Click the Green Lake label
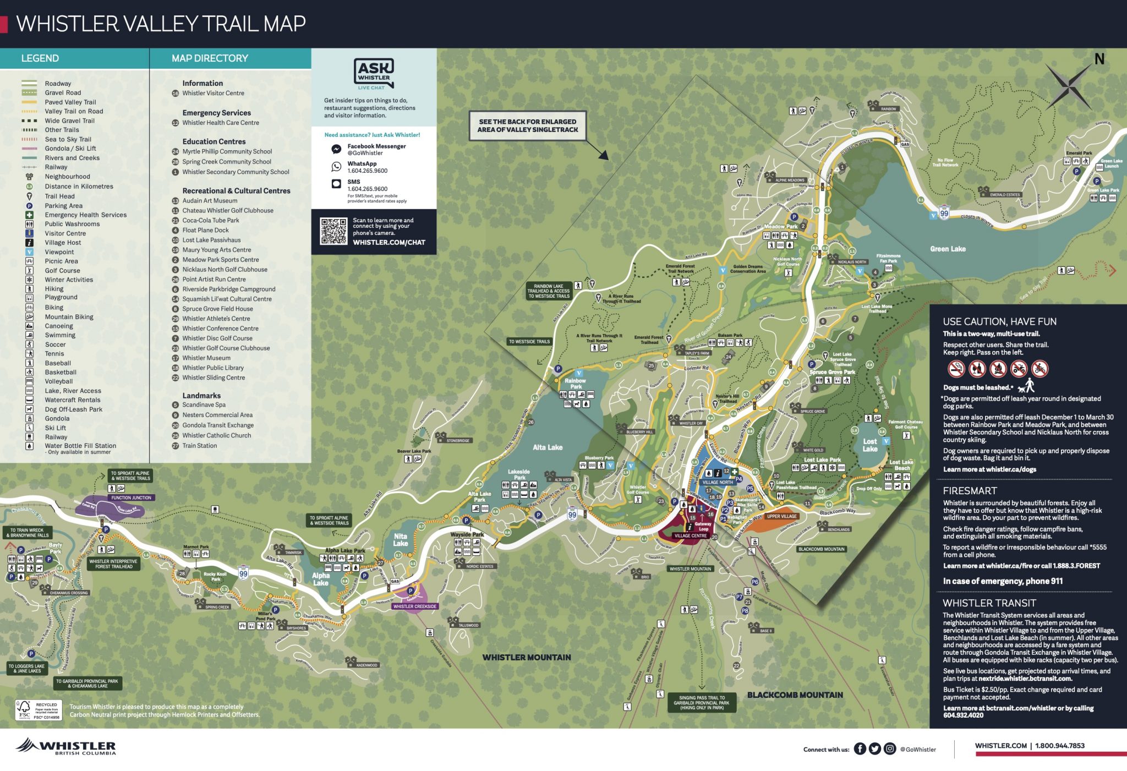pyautogui.click(x=948, y=249)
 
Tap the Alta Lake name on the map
pyautogui.click(x=548, y=447)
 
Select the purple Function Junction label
pyautogui.click(x=131, y=497)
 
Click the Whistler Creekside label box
pyautogui.click(x=415, y=606)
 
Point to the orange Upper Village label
pyautogui.click(x=781, y=516)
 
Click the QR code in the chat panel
pyautogui.click(x=333, y=231)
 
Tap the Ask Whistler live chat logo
pyautogui.click(x=374, y=74)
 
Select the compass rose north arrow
pyautogui.click(x=1069, y=85)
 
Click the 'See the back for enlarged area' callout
pyautogui.click(x=527, y=125)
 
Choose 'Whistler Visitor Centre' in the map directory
pyautogui.click(x=213, y=93)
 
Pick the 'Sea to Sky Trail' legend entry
pyautogui.click(x=68, y=139)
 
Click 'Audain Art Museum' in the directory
pyautogui.click(x=210, y=201)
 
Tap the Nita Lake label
pyautogui.click(x=401, y=539)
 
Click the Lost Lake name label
pyautogui.click(x=870, y=445)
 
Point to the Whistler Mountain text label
pyautogui.click(x=527, y=657)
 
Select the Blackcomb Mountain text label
pyautogui.click(x=795, y=695)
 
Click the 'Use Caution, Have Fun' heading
pyautogui.click(x=999, y=321)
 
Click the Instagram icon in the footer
pyautogui.click(x=890, y=748)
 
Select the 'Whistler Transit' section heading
pyautogui.click(x=989, y=603)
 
